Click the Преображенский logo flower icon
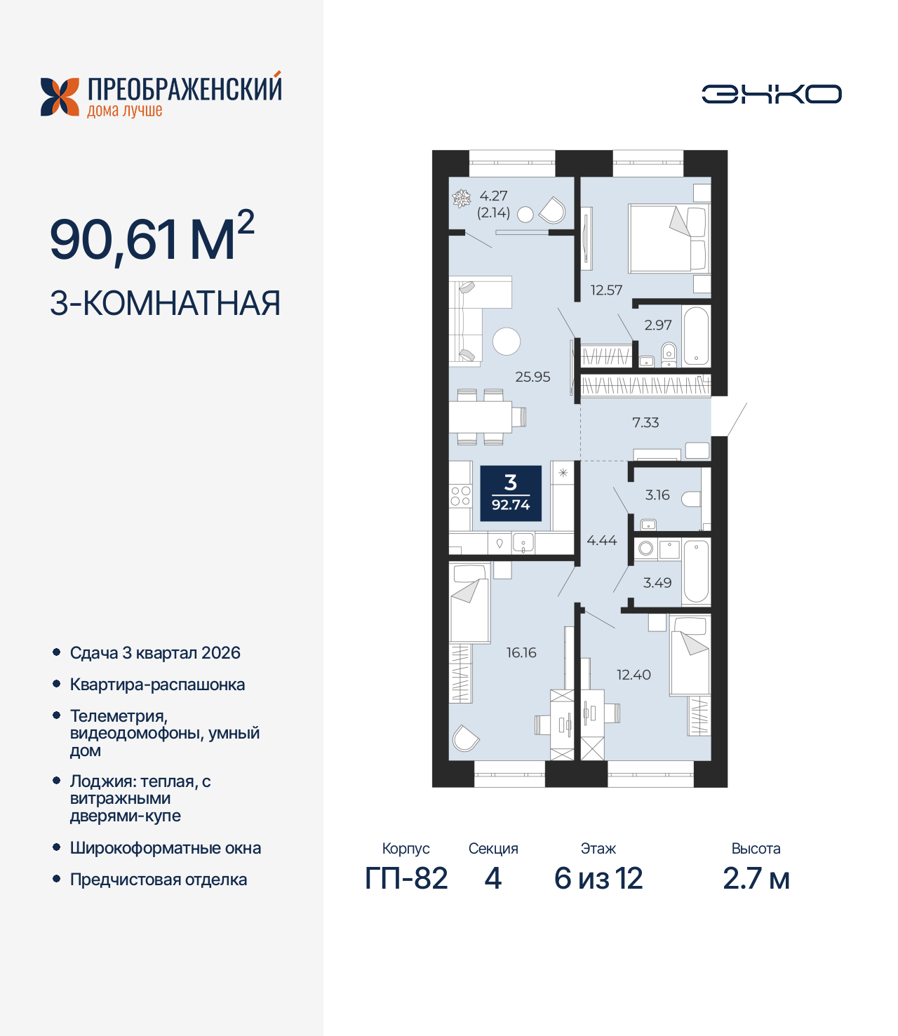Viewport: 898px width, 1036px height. (x=60, y=97)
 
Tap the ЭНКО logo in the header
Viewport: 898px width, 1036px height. (x=771, y=94)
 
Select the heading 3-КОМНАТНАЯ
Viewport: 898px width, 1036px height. (x=165, y=304)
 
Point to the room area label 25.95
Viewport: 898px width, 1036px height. (x=532, y=377)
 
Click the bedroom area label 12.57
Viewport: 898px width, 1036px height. (x=606, y=290)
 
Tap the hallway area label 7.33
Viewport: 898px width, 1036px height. (x=645, y=422)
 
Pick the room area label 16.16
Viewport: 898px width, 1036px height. (x=521, y=652)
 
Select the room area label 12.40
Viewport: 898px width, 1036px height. (x=634, y=675)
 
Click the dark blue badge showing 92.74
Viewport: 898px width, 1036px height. (x=511, y=493)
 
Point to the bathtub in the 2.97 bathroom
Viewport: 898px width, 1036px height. (x=696, y=336)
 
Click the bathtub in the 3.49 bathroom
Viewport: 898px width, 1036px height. (x=696, y=571)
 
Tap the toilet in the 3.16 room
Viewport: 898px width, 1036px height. (x=691, y=499)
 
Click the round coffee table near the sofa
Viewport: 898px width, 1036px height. (x=507, y=342)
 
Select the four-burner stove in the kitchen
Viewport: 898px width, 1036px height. (x=460, y=496)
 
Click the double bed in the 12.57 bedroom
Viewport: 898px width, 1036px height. (x=669, y=238)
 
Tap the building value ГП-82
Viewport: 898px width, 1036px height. (x=406, y=878)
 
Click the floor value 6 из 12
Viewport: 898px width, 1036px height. (x=598, y=878)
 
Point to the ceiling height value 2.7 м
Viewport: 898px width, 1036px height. (x=756, y=878)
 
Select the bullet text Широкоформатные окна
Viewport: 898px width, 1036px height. (x=166, y=848)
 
